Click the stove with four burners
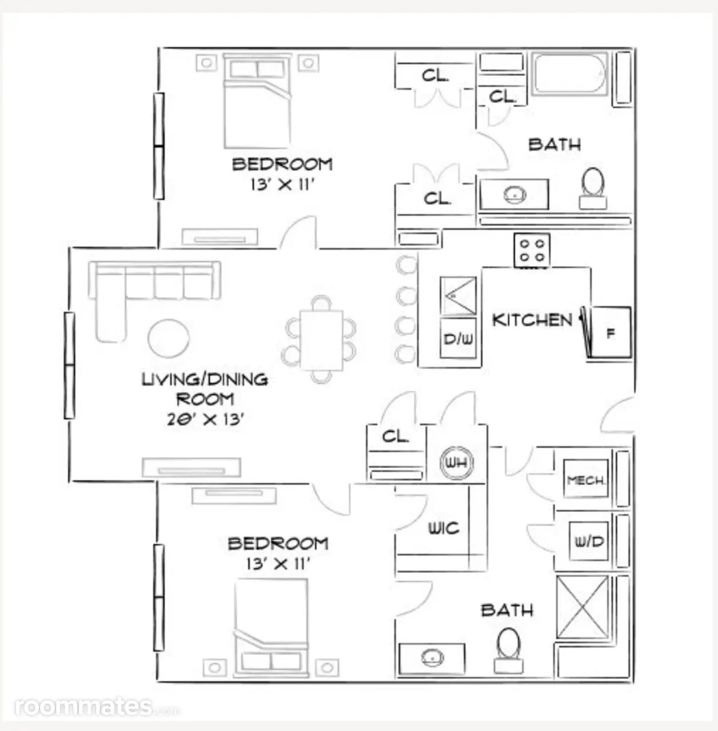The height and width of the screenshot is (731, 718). click(532, 250)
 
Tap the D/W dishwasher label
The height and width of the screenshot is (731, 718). click(458, 339)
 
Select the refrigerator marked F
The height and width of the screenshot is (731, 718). click(609, 332)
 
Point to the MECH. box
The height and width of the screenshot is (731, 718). click(586, 479)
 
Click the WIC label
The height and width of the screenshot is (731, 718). click(444, 528)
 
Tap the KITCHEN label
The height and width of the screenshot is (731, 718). click(532, 320)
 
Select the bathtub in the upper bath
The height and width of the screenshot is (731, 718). click(569, 74)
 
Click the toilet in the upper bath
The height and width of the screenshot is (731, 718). click(593, 188)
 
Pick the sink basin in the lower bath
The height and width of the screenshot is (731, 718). click(432, 657)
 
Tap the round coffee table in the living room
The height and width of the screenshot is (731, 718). click(168, 338)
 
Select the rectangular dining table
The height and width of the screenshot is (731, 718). click(321, 340)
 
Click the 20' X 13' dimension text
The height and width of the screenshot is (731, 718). click(205, 420)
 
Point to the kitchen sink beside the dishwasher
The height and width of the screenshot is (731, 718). click(458, 296)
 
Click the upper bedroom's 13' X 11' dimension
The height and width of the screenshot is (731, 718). click(281, 184)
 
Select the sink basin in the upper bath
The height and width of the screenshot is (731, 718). click(514, 195)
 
